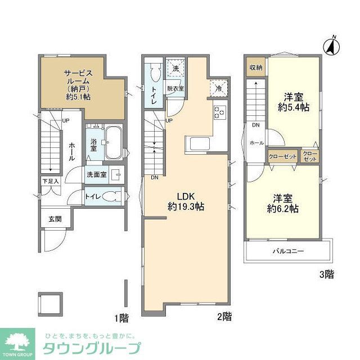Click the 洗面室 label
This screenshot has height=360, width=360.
(x=96, y=175)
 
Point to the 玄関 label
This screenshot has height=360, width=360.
(x=55, y=218)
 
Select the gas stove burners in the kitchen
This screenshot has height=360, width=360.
(x=219, y=112)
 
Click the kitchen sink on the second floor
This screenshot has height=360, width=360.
(x=200, y=143)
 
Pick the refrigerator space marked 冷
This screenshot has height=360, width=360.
(x=217, y=87)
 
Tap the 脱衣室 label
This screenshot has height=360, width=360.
(x=175, y=88)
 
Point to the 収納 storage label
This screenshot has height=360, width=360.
(x=255, y=67)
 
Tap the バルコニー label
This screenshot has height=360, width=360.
(x=289, y=251)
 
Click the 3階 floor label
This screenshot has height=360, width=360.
(x=326, y=274)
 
